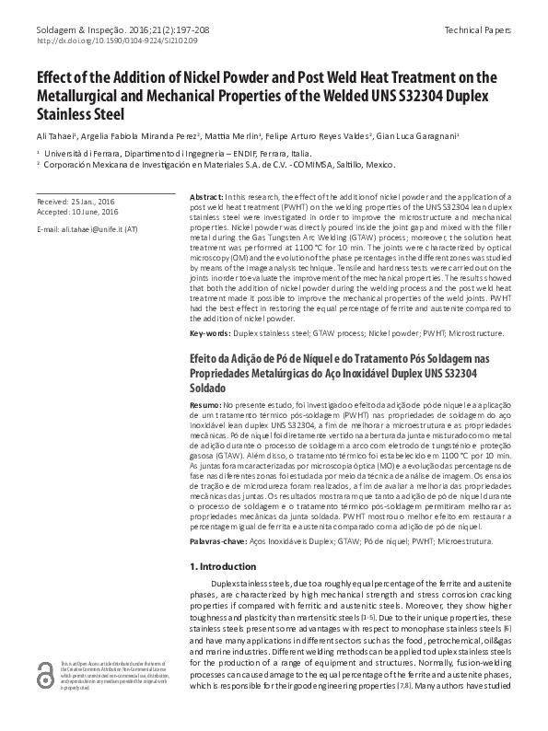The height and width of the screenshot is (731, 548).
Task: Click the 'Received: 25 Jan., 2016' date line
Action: click(x=76, y=200)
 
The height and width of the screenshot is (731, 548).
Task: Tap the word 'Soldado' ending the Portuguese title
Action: click(x=209, y=389)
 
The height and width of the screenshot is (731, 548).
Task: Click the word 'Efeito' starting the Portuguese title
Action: click(x=204, y=357)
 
